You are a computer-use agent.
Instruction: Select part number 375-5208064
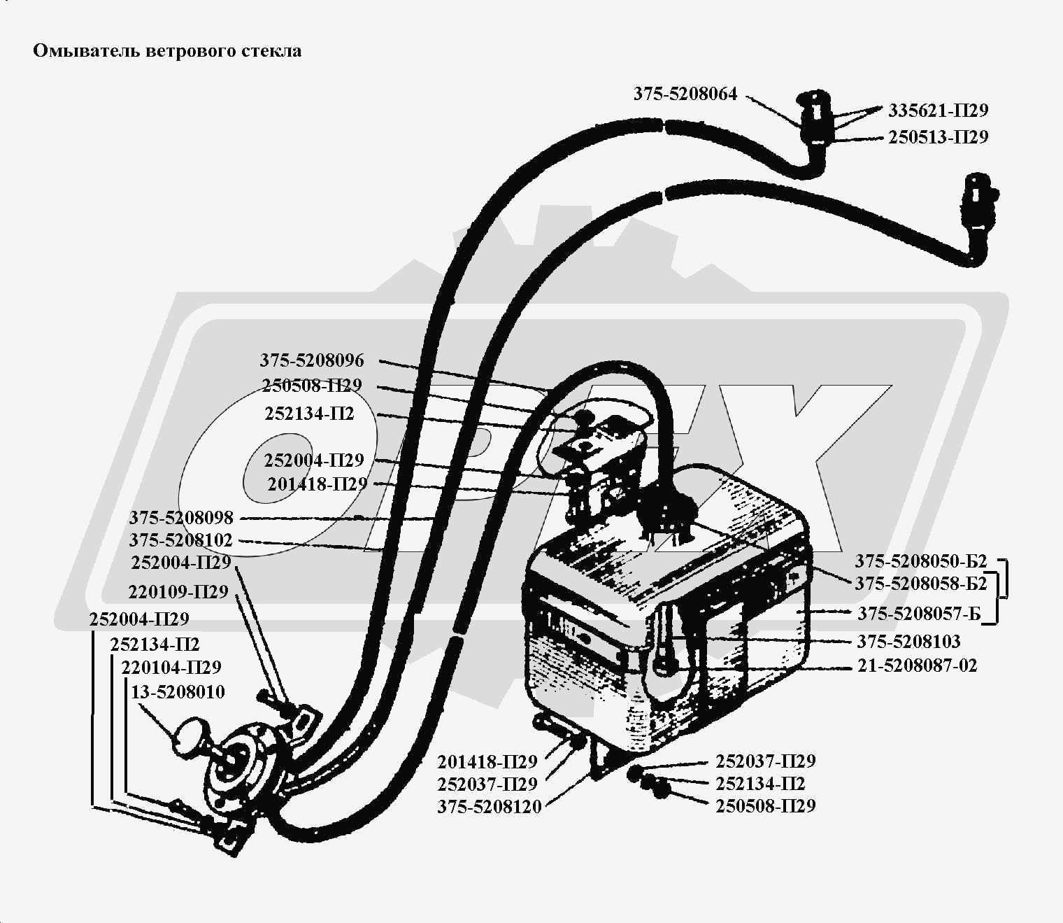click(x=685, y=94)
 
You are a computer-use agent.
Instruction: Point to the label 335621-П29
click(x=938, y=111)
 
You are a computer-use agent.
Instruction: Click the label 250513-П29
click(x=938, y=137)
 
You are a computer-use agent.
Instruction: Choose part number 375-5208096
click(x=312, y=360)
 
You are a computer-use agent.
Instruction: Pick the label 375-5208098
click(x=180, y=519)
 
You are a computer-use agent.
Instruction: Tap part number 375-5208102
click(x=180, y=541)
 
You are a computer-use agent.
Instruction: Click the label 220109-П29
click(x=178, y=592)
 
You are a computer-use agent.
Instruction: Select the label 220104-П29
click(x=171, y=668)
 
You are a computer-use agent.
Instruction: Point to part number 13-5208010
click(x=178, y=692)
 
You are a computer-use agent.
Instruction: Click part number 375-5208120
click(x=490, y=806)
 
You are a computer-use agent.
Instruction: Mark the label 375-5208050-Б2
click(x=920, y=561)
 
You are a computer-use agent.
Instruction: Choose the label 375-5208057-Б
click(x=919, y=614)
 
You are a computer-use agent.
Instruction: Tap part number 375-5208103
click(x=908, y=642)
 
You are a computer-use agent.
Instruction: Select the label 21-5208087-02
click(x=917, y=665)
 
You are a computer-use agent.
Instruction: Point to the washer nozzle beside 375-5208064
click(x=815, y=115)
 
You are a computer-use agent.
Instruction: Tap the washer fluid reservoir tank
click(x=664, y=616)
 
